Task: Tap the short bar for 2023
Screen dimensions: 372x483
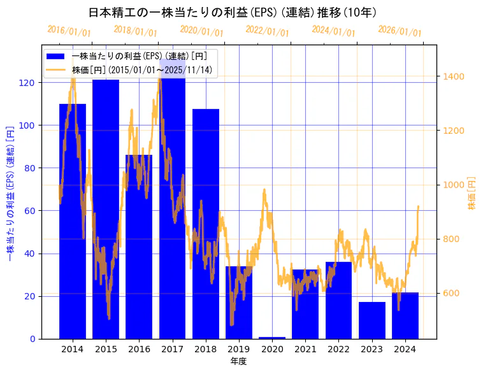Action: point(372,320)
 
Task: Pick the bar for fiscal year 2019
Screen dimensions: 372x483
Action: point(239,303)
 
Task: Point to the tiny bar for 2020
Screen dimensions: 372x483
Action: point(272,338)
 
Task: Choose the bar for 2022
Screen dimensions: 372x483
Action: point(339,300)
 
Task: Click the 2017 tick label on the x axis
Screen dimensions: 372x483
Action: point(172,349)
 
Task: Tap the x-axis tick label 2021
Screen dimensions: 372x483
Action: point(305,349)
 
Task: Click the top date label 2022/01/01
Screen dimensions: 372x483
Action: point(267,31)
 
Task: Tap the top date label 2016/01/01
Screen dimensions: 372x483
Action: point(69,31)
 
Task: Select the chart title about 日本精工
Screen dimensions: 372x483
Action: point(232,13)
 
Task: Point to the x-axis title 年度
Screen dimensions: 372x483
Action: point(238,361)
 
